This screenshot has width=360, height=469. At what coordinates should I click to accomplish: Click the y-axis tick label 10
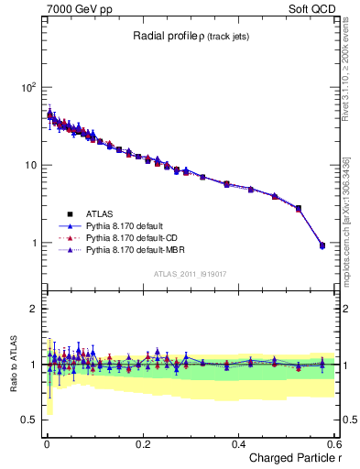click(x=29, y=166)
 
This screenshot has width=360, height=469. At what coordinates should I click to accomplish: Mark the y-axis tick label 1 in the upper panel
click(x=33, y=244)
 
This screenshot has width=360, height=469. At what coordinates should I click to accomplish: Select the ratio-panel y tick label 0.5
click(x=28, y=420)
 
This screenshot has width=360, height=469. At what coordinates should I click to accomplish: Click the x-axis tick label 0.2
click(x=142, y=443)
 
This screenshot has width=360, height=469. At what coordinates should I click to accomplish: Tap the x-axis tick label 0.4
click(x=238, y=443)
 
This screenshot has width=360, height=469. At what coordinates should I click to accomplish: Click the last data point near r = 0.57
click(x=322, y=245)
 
